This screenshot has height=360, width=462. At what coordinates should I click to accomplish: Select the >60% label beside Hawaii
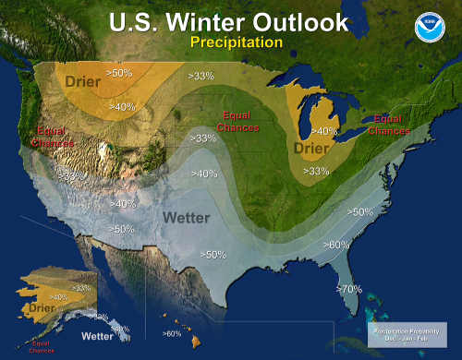172,333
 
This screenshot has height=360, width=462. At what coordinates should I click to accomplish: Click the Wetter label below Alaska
96,336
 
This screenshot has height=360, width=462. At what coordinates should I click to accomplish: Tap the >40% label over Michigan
323,131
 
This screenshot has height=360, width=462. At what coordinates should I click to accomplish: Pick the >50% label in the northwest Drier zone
120,71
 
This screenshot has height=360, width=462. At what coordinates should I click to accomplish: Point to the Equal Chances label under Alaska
42,348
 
